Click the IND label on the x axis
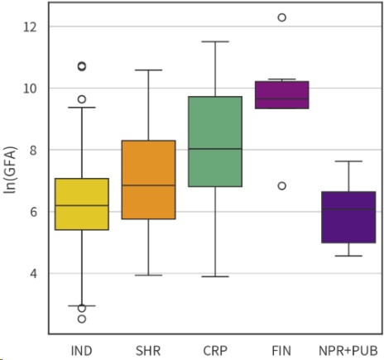[82, 350]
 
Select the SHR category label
[149, 350]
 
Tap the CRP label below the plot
[215, 350]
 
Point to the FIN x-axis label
[281, 350]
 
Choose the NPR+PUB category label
[348, 350]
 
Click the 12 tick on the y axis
[31, 26]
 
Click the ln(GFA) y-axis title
[11, 170]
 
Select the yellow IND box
[82, 204]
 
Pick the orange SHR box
[149, 180]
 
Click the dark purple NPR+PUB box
[348, 217]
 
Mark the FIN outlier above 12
[281, 17]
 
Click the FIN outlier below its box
[281, 186]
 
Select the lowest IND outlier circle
[82, 319]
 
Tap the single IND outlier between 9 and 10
[82, 99]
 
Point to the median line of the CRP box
[215, 149]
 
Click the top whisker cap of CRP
[215, 41]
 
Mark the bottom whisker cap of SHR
[149, 275]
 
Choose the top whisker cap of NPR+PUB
[348, 161]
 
